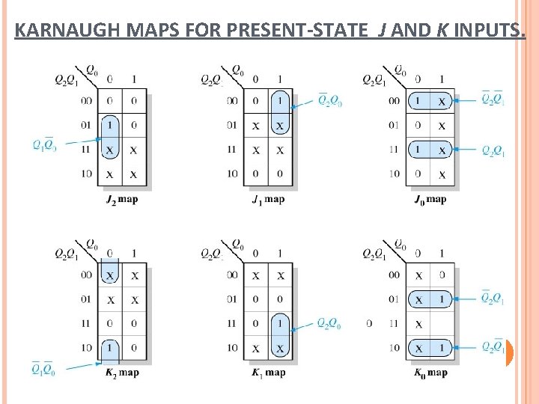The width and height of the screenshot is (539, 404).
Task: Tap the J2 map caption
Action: point(122,199)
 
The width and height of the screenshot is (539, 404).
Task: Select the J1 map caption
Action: point(268,199)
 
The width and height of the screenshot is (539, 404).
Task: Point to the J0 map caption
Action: point(430,199)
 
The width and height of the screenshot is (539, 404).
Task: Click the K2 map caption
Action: point(122,373)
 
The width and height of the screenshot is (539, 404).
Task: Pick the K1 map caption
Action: point(268,373)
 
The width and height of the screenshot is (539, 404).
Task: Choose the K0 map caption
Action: point(430,373)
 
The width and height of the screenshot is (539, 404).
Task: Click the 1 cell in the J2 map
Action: point(110,125)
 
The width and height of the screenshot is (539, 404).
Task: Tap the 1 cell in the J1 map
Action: point(279,101)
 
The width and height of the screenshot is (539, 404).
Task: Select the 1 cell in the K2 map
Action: point(110,348)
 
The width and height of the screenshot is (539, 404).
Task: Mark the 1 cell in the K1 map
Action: point(279,323)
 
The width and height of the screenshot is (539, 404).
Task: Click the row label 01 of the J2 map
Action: point(87,125)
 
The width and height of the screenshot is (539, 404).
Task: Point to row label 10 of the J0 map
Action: point(392,174)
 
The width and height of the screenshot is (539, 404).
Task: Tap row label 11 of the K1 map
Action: point(232,323)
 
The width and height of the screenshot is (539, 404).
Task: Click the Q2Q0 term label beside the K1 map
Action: point(329,323)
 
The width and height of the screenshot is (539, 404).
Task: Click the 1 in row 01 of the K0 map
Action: point(442,299)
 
